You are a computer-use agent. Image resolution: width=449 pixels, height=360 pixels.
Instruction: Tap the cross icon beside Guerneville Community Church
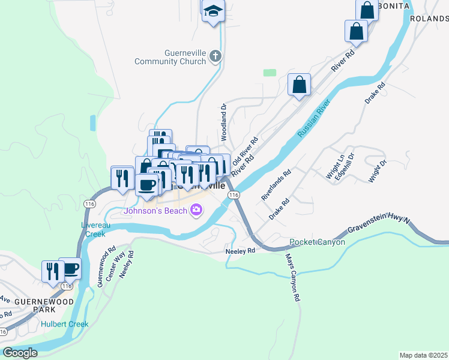[215, 57]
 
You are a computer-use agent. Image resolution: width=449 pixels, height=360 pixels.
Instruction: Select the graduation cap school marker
[212, 11]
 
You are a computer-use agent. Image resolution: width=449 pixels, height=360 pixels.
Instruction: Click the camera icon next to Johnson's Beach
[196, 210]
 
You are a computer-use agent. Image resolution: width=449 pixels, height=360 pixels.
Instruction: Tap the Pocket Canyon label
[317, 242]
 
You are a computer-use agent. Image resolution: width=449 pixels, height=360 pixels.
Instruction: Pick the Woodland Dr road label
[223, 121]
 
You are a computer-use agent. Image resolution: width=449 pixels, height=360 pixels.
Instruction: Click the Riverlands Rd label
[276, 184]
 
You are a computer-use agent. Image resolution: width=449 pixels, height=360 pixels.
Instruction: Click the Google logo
[20, 353]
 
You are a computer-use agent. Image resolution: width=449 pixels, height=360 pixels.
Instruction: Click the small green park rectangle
[270, 73]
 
